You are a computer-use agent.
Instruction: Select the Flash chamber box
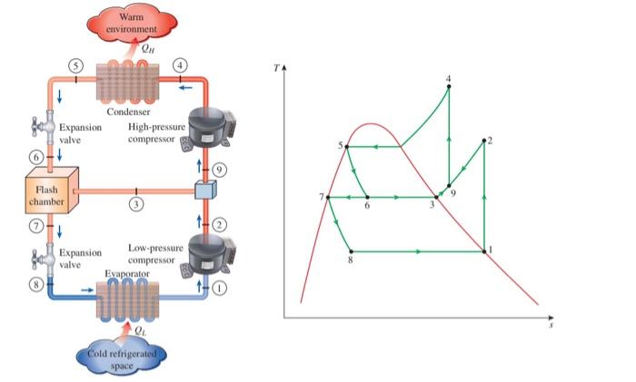46,193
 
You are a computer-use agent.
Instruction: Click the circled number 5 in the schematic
76,65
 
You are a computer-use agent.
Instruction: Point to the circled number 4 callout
180,65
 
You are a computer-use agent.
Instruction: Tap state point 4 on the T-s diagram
449,87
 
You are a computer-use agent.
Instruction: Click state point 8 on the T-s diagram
351,251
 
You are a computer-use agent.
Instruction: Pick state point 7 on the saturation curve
328,197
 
